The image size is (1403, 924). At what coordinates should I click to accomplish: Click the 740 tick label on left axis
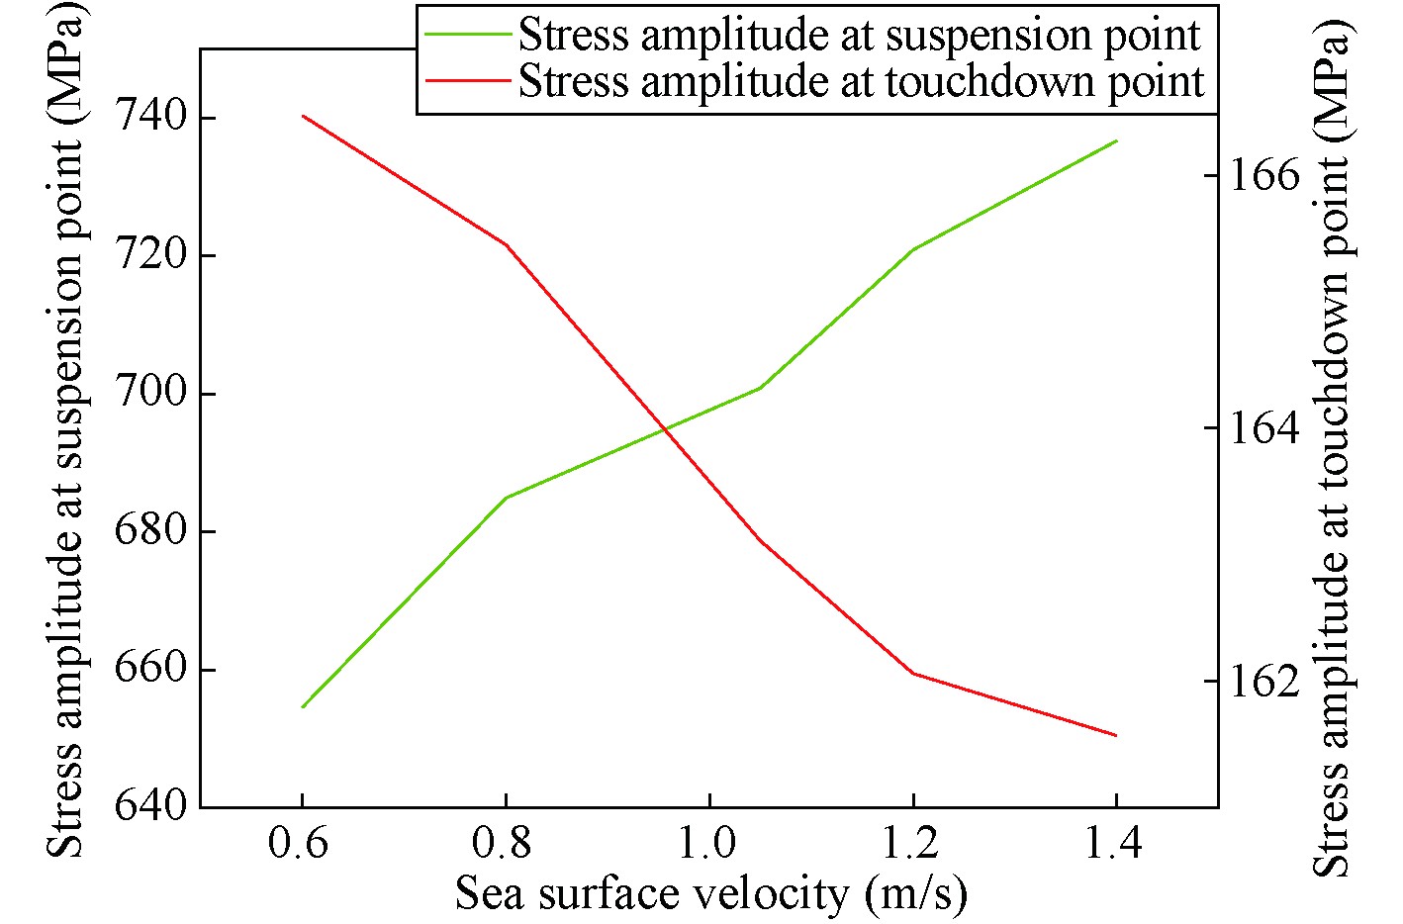point(150,117)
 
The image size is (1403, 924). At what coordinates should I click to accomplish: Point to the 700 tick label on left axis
point(150,393)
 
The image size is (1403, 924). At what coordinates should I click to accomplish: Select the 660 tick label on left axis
point(150,669)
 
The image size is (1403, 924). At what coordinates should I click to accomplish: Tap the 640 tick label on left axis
point(150,806)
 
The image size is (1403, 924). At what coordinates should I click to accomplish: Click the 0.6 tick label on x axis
point(302,843)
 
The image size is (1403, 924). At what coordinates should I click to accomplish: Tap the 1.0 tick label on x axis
point(708,843)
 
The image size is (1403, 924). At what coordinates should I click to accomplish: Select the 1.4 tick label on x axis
point(1115,843)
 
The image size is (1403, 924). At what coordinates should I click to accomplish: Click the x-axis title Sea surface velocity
point(710,893)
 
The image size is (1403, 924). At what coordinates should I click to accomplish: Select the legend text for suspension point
point(859,36)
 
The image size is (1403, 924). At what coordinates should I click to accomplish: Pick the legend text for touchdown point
point(861,81)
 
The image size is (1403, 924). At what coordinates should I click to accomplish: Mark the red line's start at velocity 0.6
point(303,116)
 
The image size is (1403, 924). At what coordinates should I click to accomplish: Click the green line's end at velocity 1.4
point(1116,140)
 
